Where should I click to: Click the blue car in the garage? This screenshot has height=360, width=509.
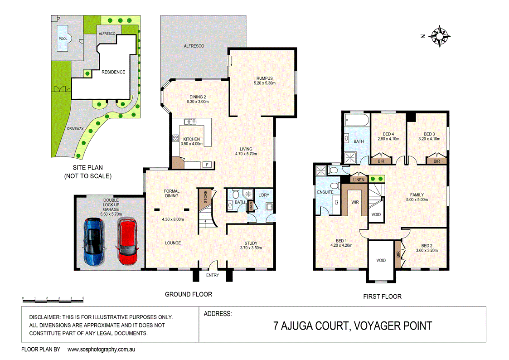(95, 241)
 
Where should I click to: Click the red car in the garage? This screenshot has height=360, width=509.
(126, 241)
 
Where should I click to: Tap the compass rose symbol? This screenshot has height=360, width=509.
(439, 35)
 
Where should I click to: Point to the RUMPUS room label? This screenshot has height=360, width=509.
(263, 78)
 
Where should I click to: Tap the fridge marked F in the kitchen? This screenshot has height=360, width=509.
(207, 164)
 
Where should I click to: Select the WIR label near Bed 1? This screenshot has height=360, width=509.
(355, 202)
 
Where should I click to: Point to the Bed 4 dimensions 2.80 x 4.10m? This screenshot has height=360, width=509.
(388, 139)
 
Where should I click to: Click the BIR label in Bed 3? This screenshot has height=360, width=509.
(436, 161)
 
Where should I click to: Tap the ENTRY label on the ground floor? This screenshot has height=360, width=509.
(212, 275)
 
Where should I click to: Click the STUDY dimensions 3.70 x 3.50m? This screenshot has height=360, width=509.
(251, 249)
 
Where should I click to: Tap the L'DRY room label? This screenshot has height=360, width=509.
(263, 195)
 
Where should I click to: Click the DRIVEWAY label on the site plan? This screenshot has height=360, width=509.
(75, 129)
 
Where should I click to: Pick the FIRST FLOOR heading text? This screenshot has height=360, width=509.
(382, 297)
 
